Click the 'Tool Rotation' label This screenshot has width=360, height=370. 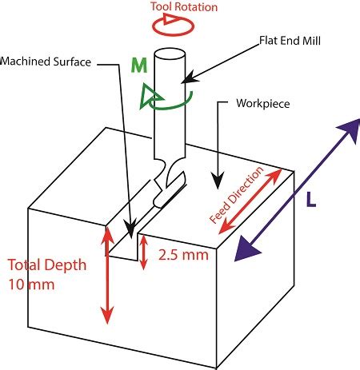tap(184, 6)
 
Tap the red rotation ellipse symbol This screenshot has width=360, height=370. tap(173, 34)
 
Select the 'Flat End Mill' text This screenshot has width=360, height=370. tap(290, 41)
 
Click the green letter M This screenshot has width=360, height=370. tap(139, 66)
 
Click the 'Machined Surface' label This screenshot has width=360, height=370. tap(46, 62)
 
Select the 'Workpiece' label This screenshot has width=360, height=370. tap(263, 104)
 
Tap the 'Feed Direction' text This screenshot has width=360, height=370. tap(236, 195)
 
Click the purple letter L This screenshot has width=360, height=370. tap(311, 200)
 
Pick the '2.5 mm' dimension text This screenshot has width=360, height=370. tap(183, 255)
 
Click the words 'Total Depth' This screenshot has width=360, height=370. tap(47, 265)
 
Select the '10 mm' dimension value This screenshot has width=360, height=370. tap(31, 284)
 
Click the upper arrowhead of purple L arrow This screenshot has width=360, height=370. tap(350, 130)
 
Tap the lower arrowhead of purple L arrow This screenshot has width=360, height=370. tap(246, 249)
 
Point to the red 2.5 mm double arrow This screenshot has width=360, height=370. tap(143, 253)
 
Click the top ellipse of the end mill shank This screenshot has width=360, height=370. tap(170, 54)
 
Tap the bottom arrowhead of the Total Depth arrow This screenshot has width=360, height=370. tap(107, 315)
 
